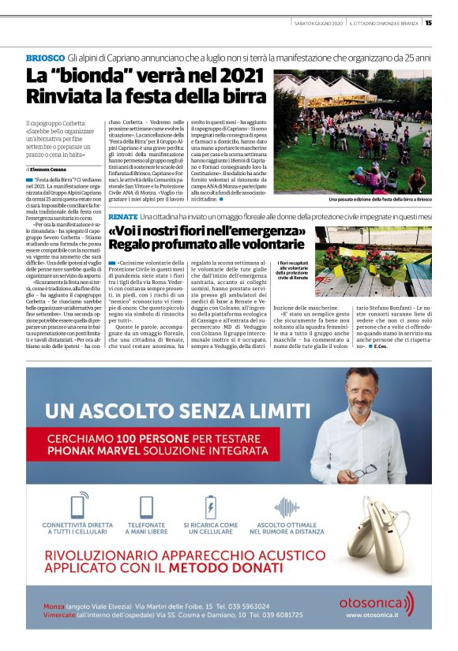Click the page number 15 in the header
tap(428, 23)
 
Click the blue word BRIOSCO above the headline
tap(44, 59)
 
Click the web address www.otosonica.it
tap(376, 615)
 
